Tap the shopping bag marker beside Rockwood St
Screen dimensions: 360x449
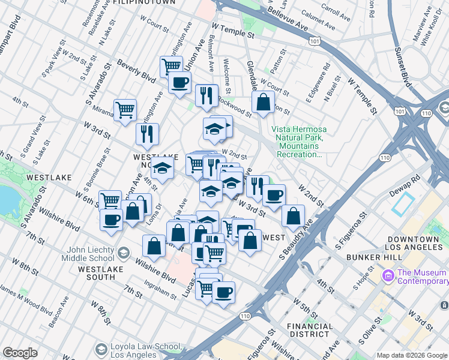263,103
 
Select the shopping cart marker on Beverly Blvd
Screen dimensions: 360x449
171,67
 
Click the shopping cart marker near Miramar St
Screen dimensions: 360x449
125,110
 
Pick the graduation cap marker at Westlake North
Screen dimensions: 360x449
161,170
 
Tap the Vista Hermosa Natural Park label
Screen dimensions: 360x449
297,142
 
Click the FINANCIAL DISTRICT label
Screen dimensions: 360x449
310,330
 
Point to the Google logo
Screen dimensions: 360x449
20,353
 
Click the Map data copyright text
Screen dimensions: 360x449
412,356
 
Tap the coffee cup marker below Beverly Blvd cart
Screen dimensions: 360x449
179,83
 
